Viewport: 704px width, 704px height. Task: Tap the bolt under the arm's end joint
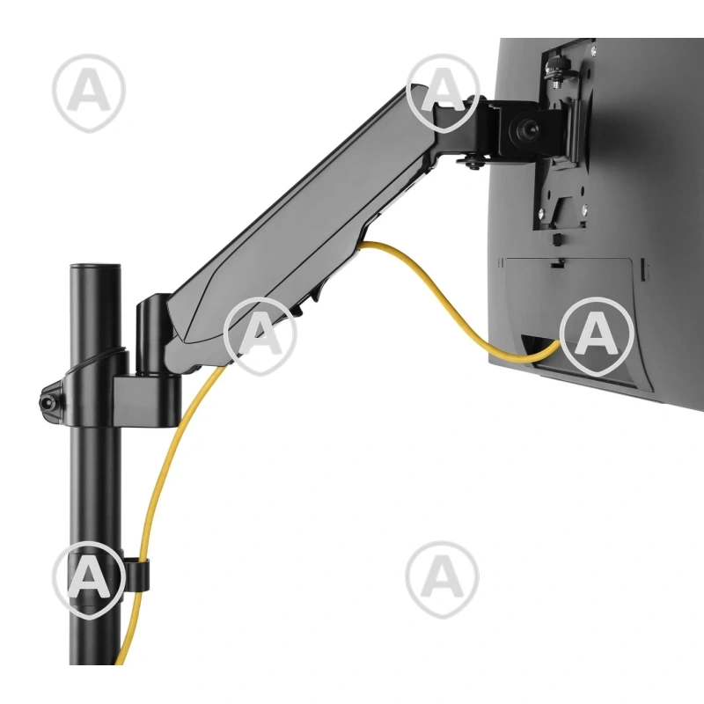(x=474, y=164)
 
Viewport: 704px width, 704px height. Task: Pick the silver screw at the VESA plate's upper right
(x=593, y=53)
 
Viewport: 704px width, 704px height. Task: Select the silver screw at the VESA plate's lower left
(x=542, y=213)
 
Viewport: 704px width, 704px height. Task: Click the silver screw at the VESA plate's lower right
(x=583, y=209)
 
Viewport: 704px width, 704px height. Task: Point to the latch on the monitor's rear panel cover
(x=557, y=264)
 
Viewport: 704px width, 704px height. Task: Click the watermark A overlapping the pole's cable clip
(x=89, y=580)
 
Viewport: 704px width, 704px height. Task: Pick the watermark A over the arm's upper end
(x=443, y=93)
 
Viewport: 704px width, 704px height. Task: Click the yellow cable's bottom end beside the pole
(x=119, y=660)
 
